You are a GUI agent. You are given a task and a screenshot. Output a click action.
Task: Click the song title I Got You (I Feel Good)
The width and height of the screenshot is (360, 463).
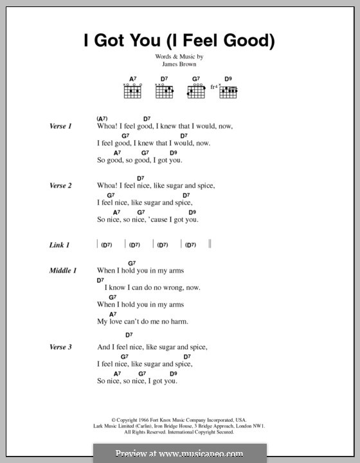[x=180, y=41]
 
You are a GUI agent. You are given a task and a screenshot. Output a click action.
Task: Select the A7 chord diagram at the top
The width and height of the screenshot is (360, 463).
[x=132, y=91]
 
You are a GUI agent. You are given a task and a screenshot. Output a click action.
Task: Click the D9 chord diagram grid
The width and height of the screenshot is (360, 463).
[x=229, y=92]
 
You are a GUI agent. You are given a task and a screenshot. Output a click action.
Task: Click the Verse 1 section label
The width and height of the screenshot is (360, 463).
[x=60, y=127]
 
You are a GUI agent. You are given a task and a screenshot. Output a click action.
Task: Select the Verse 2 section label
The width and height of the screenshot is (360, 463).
[x=60, y=186]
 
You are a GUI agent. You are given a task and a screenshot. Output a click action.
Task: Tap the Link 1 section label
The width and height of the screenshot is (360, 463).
[x=59, y=245]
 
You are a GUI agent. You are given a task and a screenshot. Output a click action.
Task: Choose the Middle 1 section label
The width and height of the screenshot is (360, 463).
[x=63, y=271]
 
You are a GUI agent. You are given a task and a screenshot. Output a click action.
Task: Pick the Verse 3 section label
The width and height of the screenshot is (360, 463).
[x=60, y=347]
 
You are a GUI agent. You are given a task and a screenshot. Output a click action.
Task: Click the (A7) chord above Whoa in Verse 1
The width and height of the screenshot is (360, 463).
[x=102, y=119]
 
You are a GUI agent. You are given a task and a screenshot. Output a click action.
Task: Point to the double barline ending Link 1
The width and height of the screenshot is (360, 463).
[x=210, y=244]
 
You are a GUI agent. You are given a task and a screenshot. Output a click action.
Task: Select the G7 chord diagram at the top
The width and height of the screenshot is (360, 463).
[x=196, y=91]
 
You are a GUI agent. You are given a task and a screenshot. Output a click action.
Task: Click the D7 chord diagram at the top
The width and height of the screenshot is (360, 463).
[x=165, y=91]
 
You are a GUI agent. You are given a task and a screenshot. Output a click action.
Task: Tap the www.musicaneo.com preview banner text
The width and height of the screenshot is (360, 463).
[x=180, y=453]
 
